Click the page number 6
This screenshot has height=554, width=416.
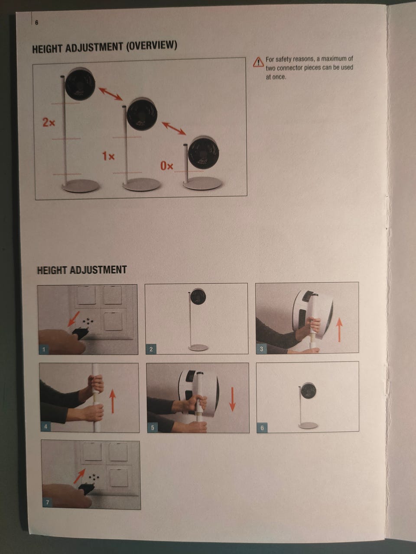point(37,23)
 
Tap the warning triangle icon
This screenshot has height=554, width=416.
point(258,62)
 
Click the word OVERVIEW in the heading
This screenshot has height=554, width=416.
point(151,46)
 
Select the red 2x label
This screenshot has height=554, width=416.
point(49,122)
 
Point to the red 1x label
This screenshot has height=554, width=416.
point(108,156)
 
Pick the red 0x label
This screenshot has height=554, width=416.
point(167,166)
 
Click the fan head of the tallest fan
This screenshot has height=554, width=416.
point(80,84)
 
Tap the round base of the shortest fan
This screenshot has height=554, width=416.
point(202,183)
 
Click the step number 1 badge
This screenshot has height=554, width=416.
point(44,349)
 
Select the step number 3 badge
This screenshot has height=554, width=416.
point(261,349)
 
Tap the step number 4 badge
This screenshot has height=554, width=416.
point(46,427)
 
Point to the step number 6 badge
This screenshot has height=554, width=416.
point(262,428)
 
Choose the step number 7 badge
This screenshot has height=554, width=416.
point(48,502)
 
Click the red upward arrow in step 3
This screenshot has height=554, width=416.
point(340,330)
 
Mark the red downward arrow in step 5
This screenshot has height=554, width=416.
point(232,399)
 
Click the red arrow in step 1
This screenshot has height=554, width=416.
point(74,319)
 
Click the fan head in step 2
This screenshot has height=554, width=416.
point(198,296)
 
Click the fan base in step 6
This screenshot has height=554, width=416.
point(308,425)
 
